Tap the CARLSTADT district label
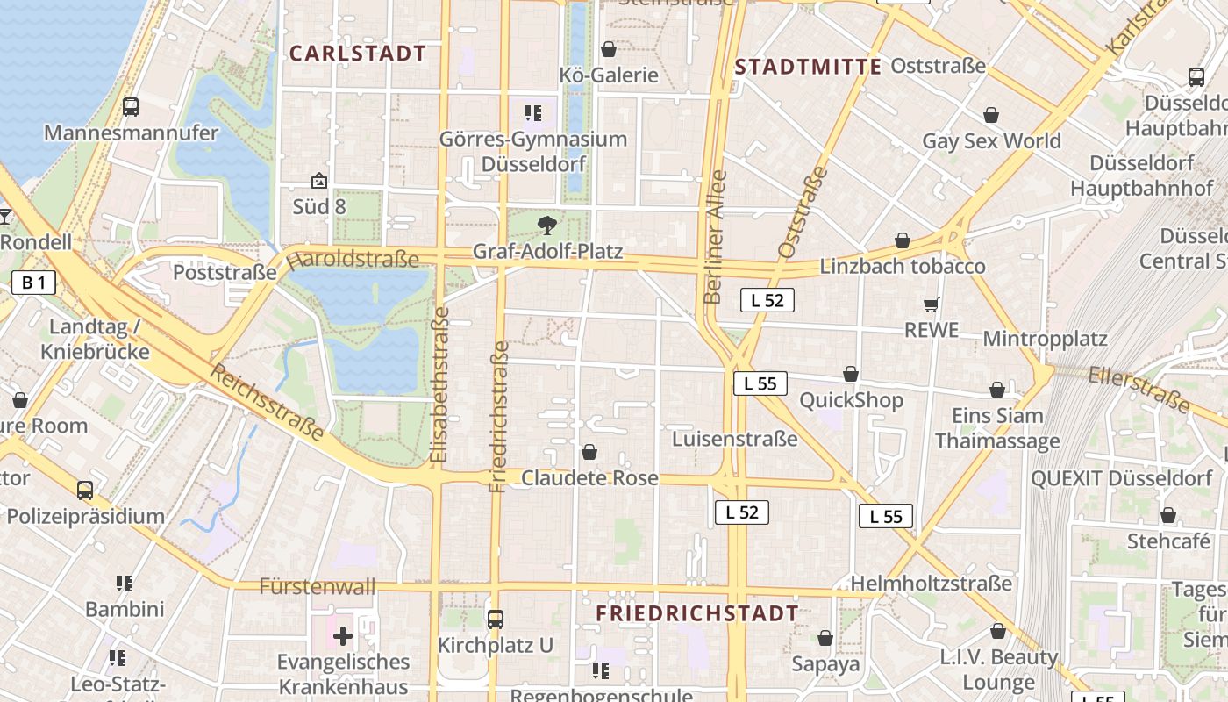[x=358, y=54]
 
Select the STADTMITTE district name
[x=808, y=67]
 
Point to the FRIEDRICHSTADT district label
[x=697, y=613]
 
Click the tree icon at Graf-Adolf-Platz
[x=547, y=226]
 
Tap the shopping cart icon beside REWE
[x=931, y=304]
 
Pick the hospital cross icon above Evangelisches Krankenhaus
[x=343, y=635]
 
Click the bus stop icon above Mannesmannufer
[x=131, y=107]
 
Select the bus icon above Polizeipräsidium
[x=85, y=491]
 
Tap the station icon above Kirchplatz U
[x=496, y=620]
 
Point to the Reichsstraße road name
[x=267, y=402]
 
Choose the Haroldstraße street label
[x=353, y=260]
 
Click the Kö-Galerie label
[x=609, y=75]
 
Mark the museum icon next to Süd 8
[x=319, y=182]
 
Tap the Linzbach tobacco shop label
[x=903, y=266]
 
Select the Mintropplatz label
[x=1045, y=339]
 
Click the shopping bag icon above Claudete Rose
[x=589, y=452]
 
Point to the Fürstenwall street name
[x=318, y=586]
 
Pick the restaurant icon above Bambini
[x=125, y=584]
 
